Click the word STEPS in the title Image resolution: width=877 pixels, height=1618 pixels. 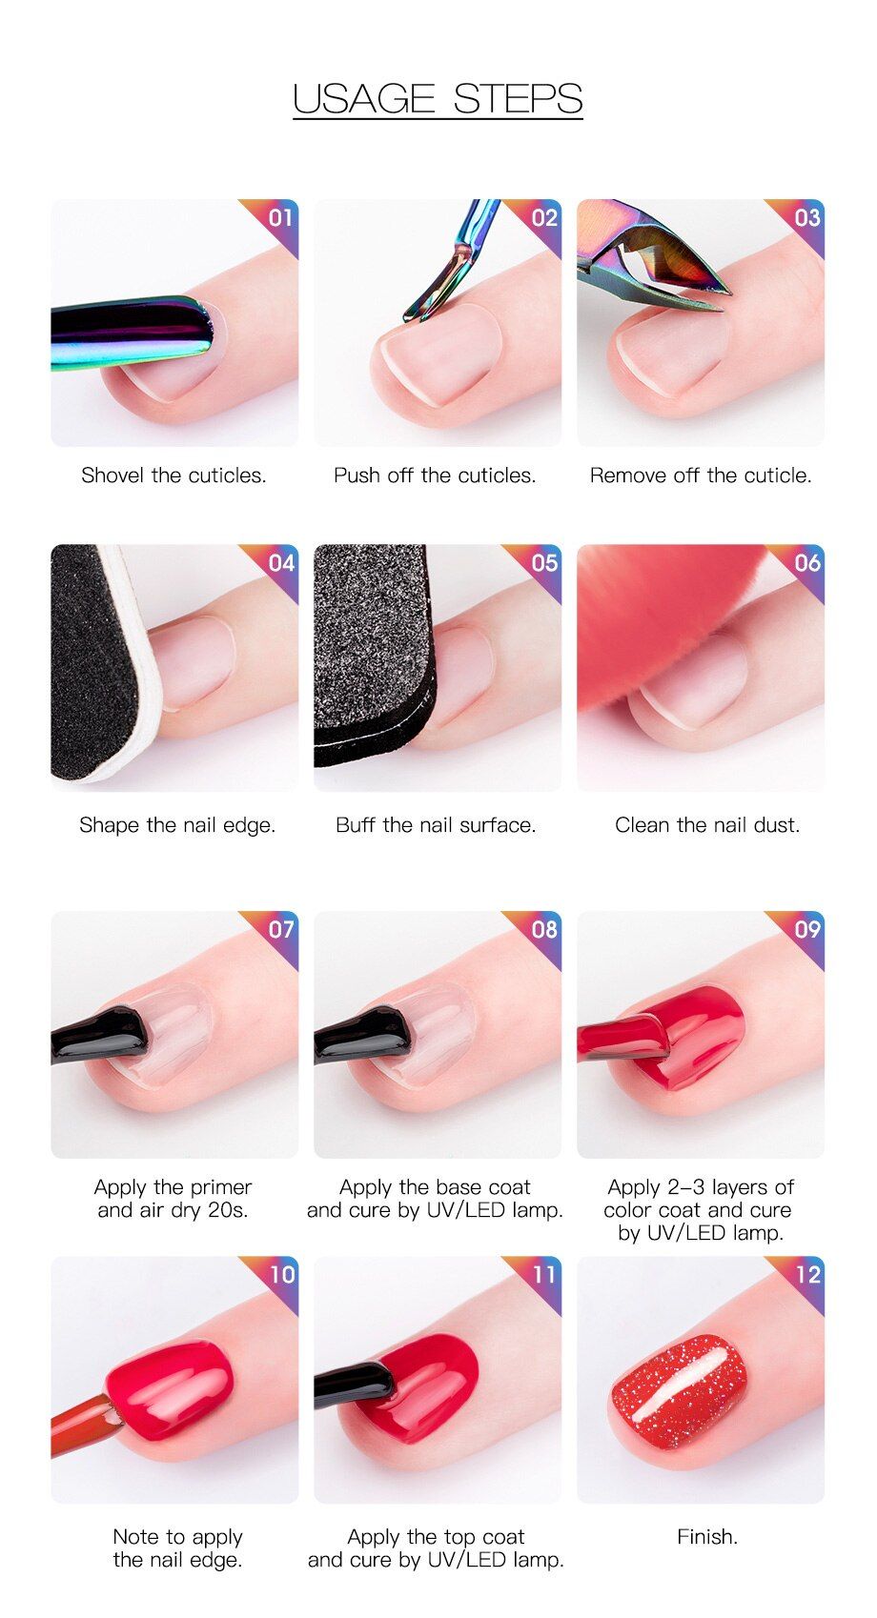[518, 98]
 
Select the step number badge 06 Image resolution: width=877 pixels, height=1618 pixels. [807, 563]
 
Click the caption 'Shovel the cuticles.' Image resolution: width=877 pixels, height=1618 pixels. [173, 475]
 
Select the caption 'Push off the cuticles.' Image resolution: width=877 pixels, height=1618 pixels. [435, 475]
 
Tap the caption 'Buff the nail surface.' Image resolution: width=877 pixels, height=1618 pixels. [436, 825]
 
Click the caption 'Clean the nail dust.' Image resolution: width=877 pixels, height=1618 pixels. [707, 825]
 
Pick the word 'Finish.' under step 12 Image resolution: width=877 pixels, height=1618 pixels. [707, 1536]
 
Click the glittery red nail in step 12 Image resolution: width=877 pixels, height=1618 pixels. [678, 1390]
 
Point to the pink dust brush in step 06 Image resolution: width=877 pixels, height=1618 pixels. [650, 621]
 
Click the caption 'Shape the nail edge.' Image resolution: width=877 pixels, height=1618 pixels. [177, 825]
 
